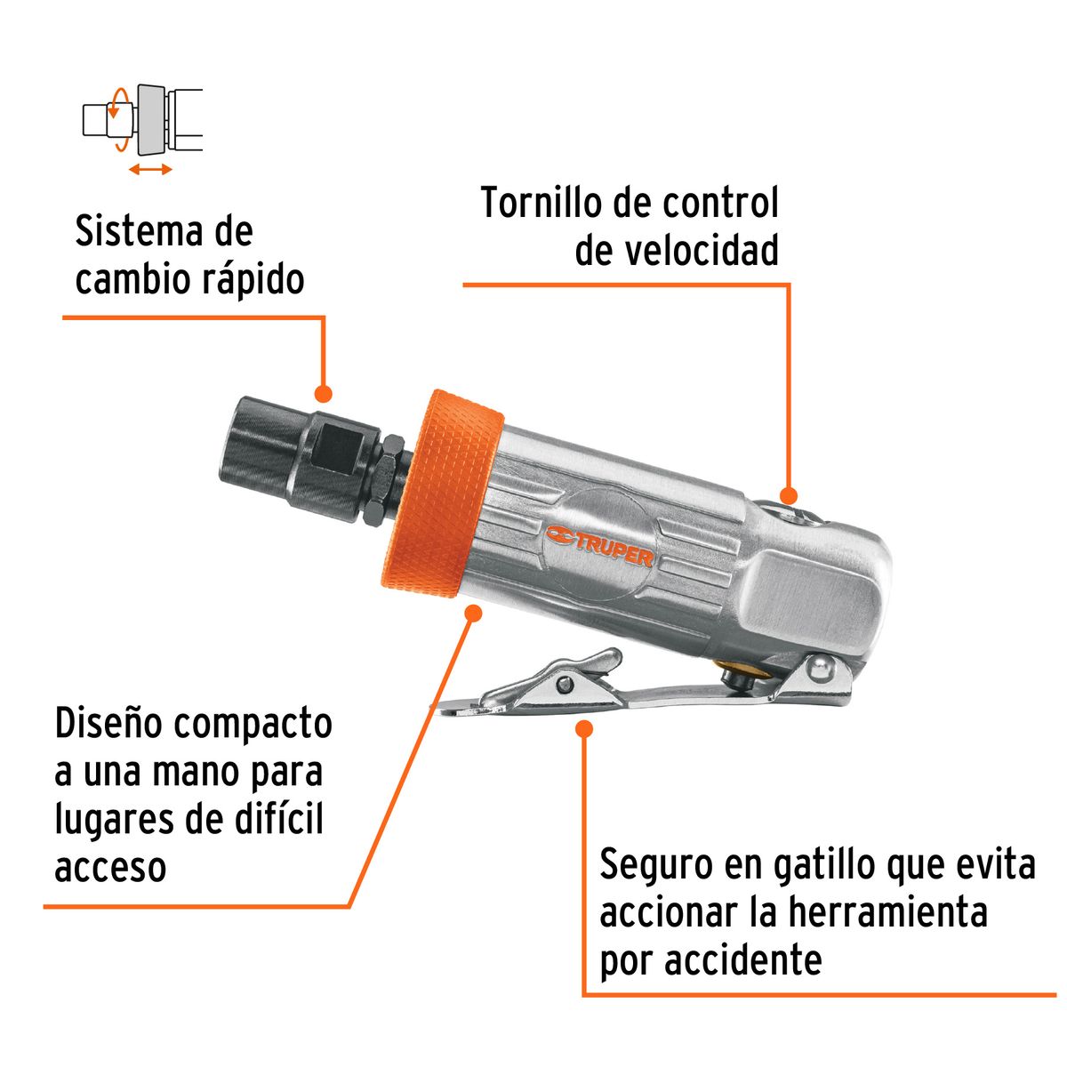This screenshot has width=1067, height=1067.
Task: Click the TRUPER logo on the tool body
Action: [600, 545]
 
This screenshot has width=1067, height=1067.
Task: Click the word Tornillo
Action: [542, 204]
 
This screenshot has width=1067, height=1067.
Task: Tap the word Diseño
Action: [108, 724]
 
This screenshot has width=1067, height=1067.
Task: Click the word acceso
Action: [110, 867]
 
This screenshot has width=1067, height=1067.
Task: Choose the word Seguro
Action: [656, 865]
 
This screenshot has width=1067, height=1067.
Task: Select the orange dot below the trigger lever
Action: [584, 729]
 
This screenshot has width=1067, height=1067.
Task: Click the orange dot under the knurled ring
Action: [474, 613]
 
